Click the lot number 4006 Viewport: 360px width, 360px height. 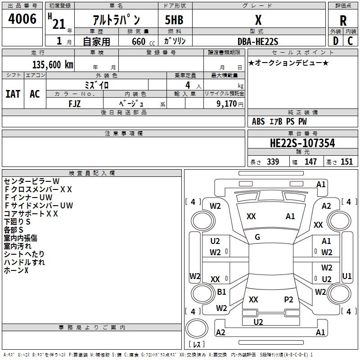[x=22, y=19]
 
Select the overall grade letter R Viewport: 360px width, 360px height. [x=343, y=21]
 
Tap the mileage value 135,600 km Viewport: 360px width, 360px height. [x=53, y=65]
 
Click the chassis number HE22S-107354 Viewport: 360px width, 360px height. [x=302, y=143]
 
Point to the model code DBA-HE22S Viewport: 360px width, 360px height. [x=258, y=41]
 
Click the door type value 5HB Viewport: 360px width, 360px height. [x=174, y=20]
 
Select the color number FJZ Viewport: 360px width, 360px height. [x=75, y=104]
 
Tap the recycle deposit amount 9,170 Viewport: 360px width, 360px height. [x=226, y=103]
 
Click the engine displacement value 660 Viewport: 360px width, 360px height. [x=139, y=41]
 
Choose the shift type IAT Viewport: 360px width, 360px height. [x=13, y=94]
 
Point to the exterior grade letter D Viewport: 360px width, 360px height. [x=336, y=41]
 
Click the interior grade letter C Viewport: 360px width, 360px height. [x=350, y=41]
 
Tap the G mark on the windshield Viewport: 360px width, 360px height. [x=257, y=237]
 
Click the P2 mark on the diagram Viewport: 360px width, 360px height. [x=288, y=299]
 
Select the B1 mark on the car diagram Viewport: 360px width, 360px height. [x=221, y=292]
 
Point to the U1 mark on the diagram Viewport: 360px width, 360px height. [x=346, y=276]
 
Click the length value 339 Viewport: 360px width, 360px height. [x=273, y=162]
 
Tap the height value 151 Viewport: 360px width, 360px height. [x=346, y=162]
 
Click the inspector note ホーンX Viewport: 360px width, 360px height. [x=16, y=270]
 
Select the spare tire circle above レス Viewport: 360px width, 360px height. [x=197, y=328]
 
